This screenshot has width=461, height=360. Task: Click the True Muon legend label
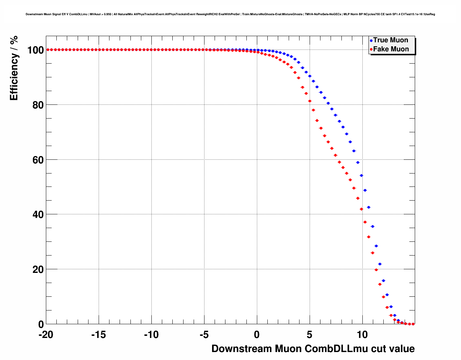pos(391,40)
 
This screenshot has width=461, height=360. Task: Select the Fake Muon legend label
pos(391,49)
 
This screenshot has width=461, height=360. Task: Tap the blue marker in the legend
pos(371,40)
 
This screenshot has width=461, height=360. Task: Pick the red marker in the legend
pos(371,50)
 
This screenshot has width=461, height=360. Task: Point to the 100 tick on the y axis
pos(35,50)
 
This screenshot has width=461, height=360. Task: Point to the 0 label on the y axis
pos(41,325)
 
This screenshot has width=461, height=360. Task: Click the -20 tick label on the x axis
pos(46,335)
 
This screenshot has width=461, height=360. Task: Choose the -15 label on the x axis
pos(98,335)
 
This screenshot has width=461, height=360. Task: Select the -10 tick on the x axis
pos(151,335)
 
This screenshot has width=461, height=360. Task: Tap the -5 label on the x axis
pos(204,335)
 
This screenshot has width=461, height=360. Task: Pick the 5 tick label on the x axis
pos(310,335)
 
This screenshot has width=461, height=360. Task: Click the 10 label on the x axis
pos(362,335)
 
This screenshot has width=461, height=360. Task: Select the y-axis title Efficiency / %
pos(14,68)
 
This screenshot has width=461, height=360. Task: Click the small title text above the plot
pos(230,14)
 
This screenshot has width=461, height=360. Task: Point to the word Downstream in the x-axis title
pos(242,349)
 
